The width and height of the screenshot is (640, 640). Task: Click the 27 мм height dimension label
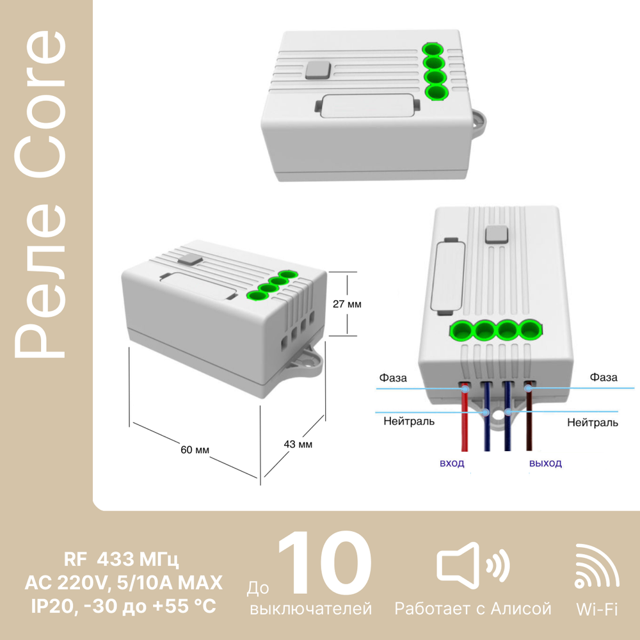[x=347, y=304]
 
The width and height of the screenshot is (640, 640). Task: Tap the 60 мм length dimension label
[x=195, y=450]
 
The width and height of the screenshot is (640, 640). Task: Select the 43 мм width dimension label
[x=298, y=444]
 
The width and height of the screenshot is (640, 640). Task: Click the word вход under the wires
[x=452, y=463]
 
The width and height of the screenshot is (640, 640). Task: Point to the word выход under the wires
[x=545, y=463]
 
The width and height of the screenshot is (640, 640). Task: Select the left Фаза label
[x=393, y=378]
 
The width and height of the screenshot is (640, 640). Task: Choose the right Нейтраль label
[x=593, y=422]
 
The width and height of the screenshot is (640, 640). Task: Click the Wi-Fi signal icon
[x=596, y=566]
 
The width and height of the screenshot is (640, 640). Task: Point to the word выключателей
[x=310, y=609]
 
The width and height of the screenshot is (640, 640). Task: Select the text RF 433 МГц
[x=121, y=559]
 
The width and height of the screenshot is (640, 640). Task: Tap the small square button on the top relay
[x=318, y=70]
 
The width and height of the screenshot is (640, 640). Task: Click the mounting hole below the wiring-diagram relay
[x=497, y=415]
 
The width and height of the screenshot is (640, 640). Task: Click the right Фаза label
[x=604, y=377]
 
